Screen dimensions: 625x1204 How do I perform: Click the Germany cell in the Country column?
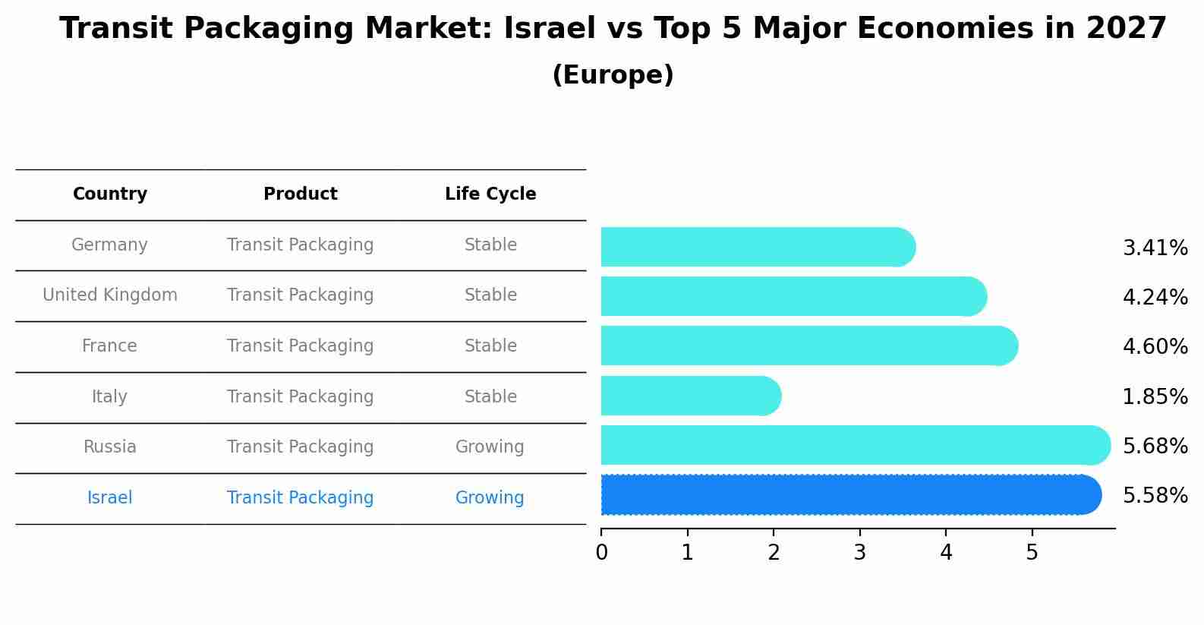tap(109, 245)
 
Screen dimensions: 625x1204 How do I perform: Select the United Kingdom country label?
tap(109, 295)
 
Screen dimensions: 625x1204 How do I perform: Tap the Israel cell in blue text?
tap(109, 498)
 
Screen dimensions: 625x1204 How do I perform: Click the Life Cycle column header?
tap(490, 194)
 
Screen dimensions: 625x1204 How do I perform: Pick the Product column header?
tap(300, 194)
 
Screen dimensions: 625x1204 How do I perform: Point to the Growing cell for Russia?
tap(490, 447)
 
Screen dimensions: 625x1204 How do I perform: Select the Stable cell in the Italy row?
tap(490, 397)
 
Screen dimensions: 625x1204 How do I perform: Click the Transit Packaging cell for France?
tap(300, 346)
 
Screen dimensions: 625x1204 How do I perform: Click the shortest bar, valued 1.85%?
tap(689, 396)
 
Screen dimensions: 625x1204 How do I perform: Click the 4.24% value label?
tap(1155, 298)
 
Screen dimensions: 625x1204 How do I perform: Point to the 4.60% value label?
tap(1155, 347)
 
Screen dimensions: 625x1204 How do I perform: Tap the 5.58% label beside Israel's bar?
tap(1155, 496)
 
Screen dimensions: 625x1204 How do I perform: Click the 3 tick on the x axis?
tap(859, 553)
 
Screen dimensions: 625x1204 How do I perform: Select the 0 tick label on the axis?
tap(601, 553)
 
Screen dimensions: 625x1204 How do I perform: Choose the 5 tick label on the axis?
tap(1032, 553)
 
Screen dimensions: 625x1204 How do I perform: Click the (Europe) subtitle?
tap(613, 75)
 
